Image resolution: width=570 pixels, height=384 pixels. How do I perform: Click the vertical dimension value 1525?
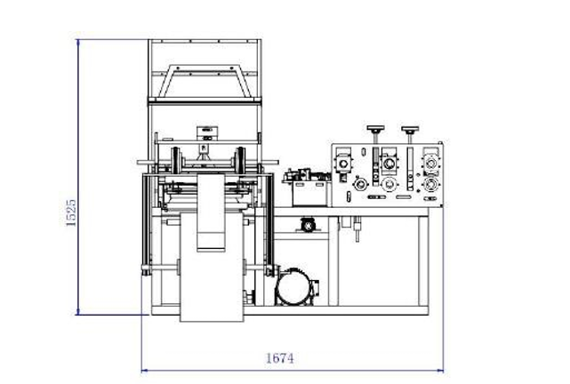click(x=71, y=212)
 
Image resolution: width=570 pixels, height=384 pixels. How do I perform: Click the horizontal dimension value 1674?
click(x=279, y=358)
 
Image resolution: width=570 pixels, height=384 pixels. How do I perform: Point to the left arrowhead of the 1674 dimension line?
click(x=144, y=371)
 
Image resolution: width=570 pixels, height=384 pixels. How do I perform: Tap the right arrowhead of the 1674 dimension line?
click(x=440, y=371)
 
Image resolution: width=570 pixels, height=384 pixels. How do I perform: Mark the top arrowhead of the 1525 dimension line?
click(x=77, y=43)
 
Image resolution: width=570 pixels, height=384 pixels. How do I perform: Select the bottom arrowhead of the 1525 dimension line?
click(x=77, y=311)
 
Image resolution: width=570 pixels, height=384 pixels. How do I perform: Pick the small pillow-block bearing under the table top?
click(x=309, y=226)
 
